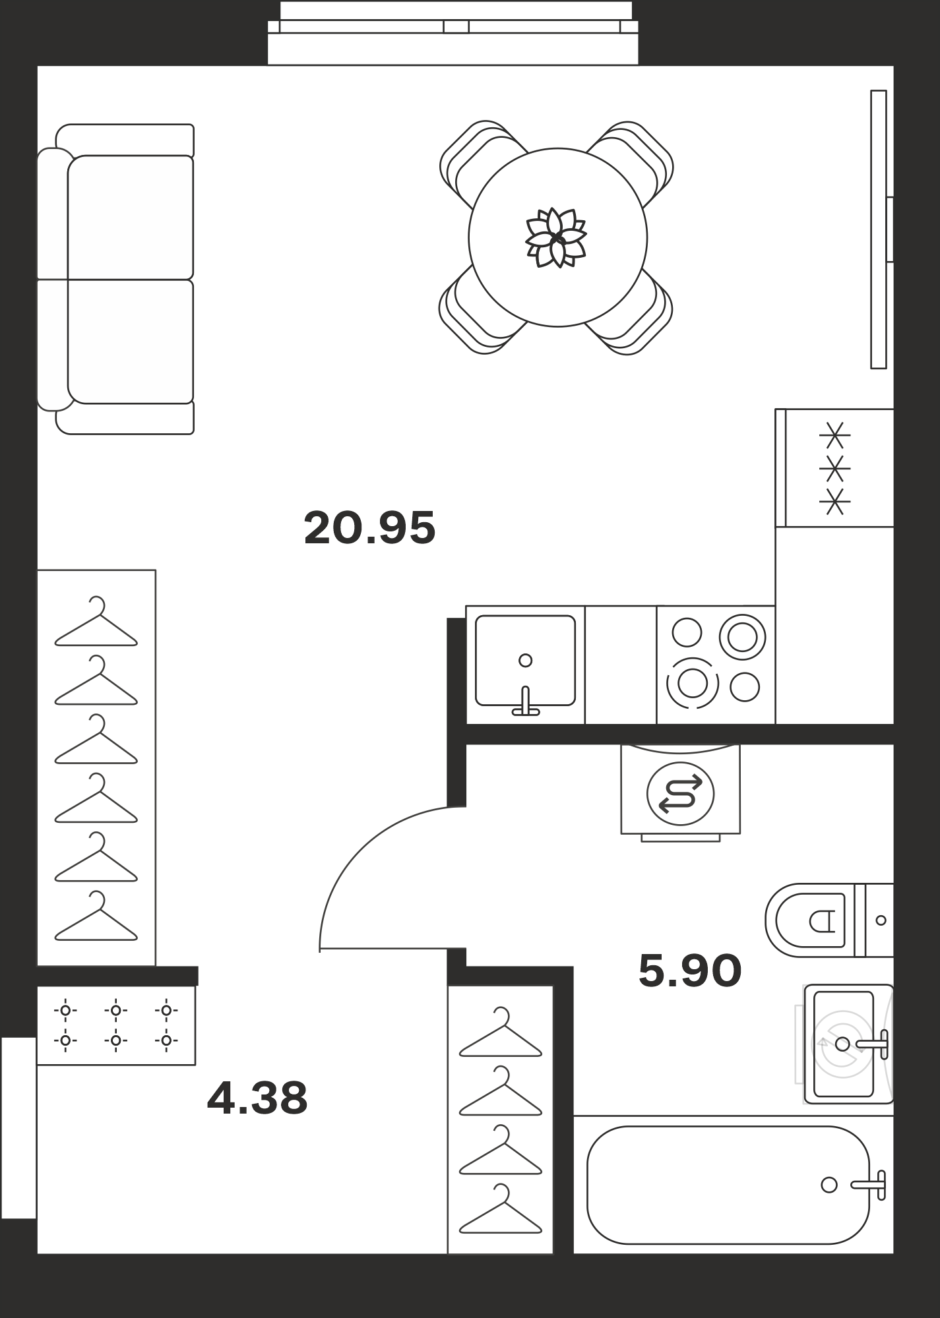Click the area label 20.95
click(369, 528)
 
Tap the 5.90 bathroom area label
click(690, 971)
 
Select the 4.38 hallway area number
click(257, 1098)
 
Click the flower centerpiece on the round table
click(556, 237)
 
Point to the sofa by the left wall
click(115, 279)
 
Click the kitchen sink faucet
click(526, 702)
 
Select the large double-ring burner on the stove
click(742, 637)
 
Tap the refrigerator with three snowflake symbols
click(834, 468)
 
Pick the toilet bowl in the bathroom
click(810, 920)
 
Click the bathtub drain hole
click(829, 1185)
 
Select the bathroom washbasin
click(848, 1044)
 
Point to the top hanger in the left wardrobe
click(96, 622)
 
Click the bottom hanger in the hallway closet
click(501, 1209)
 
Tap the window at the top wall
click(453, 33)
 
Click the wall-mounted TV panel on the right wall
click(879, 229)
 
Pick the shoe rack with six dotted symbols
click(116, 1025)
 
